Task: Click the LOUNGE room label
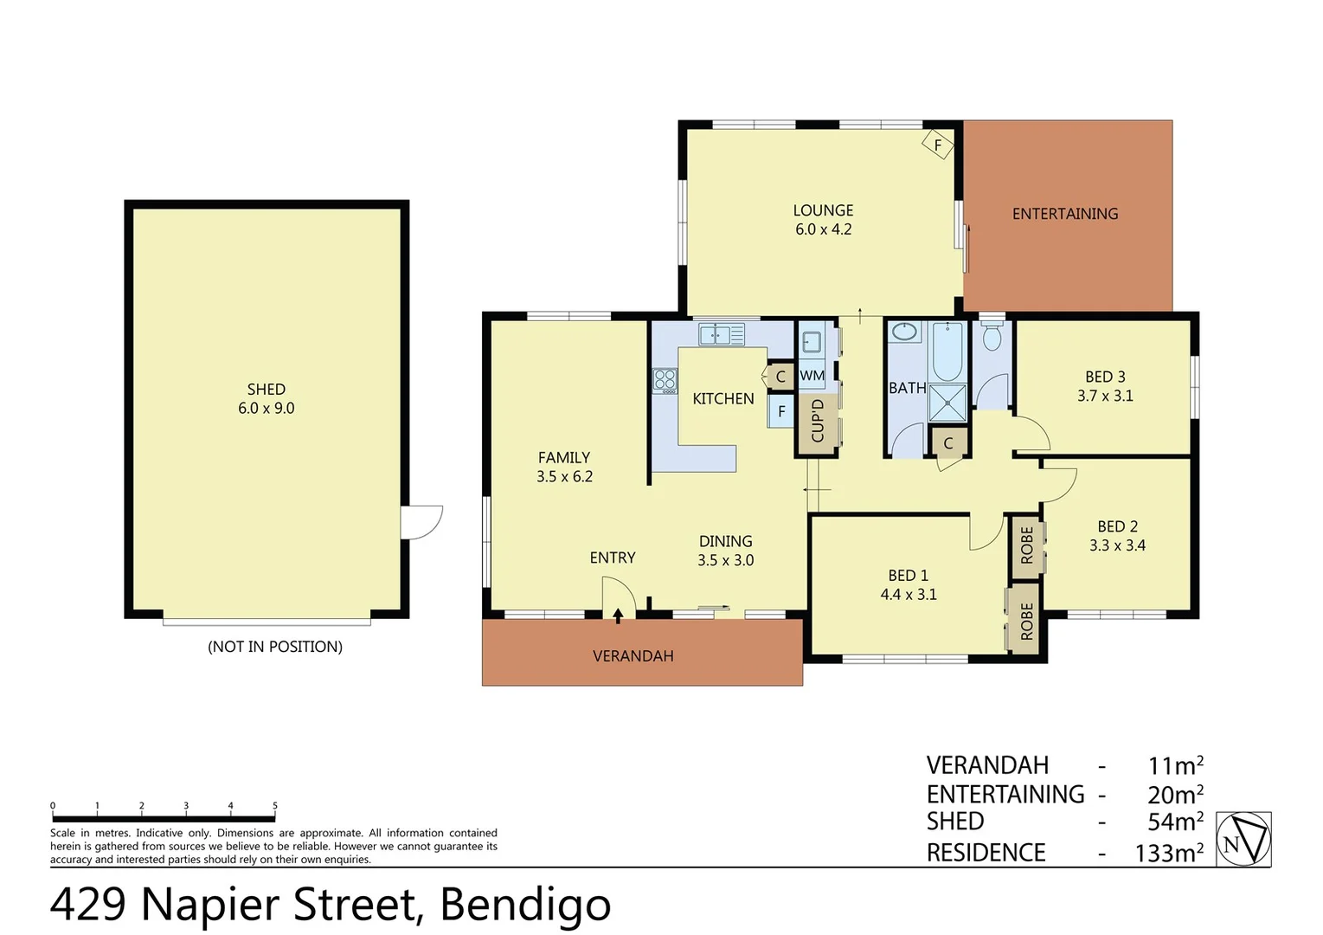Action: (823, 210)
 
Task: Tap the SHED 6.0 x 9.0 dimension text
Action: (267, 409)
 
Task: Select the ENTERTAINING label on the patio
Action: (1065, 214)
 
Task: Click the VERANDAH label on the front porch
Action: (633, 656)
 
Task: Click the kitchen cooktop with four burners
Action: (665, 380)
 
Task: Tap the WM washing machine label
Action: (812, 376)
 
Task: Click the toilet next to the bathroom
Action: (992, 337)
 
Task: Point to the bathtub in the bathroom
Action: (947, 351)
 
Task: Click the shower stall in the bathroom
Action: (947, 403)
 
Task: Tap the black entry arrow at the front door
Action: (618, 616)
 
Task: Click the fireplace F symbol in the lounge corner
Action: (937, 145)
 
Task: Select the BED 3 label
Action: (1105, 377)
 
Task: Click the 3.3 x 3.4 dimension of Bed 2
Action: (1117, 545)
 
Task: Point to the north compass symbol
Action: (1243, 839)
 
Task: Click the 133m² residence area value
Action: (1169, 853)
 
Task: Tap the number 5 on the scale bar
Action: (275, 806)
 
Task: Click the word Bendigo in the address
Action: (525, 905)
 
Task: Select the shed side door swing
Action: (421, 523)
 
